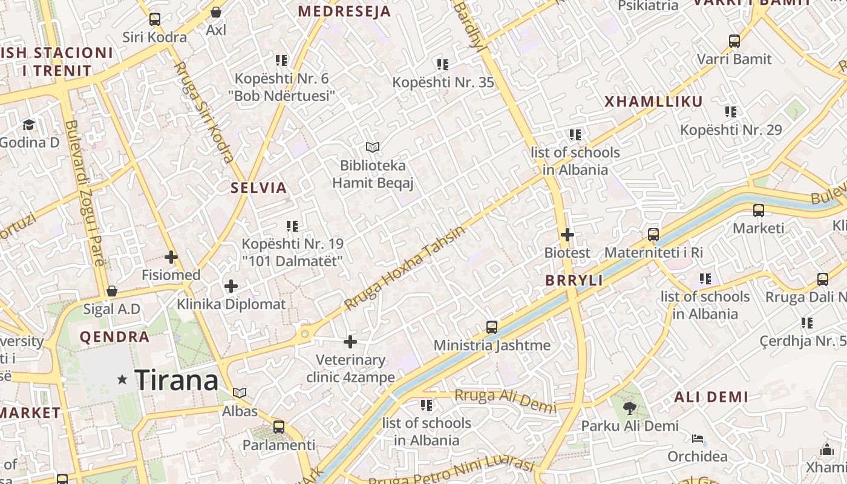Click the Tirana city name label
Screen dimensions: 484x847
click(x=176, y=381)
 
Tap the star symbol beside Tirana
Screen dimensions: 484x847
click(x=122, y=380)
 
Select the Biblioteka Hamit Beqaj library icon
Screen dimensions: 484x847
click(x=373, y=147)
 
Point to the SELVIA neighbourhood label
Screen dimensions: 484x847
click(x=258, y=188)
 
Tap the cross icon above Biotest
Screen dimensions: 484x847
click(x=567, y=234)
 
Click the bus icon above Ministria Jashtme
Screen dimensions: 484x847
click(x=492, y=327)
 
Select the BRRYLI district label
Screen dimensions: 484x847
click(x=574, y=281)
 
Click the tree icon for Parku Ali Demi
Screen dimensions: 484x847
click(x=630, y=408)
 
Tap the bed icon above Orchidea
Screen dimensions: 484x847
click(x=698, y=439)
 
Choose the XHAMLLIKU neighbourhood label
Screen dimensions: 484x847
click(x=653, y=102)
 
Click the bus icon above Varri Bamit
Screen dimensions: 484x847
click(x=734, y=41)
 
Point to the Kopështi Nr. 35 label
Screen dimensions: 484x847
click(x=443, y=82)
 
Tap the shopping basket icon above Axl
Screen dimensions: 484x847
click(x=216, y=12)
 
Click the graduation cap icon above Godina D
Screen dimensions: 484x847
click(x=28, y=125)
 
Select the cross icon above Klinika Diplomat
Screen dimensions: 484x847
click(x=231, y=286)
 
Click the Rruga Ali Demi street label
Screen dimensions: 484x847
click(x=505, y=401)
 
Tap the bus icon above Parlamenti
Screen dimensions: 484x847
click(x=279, y=427)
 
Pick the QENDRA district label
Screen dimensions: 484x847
click(x=114, y=337)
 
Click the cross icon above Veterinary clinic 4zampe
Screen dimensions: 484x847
click(x=350, y=342)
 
